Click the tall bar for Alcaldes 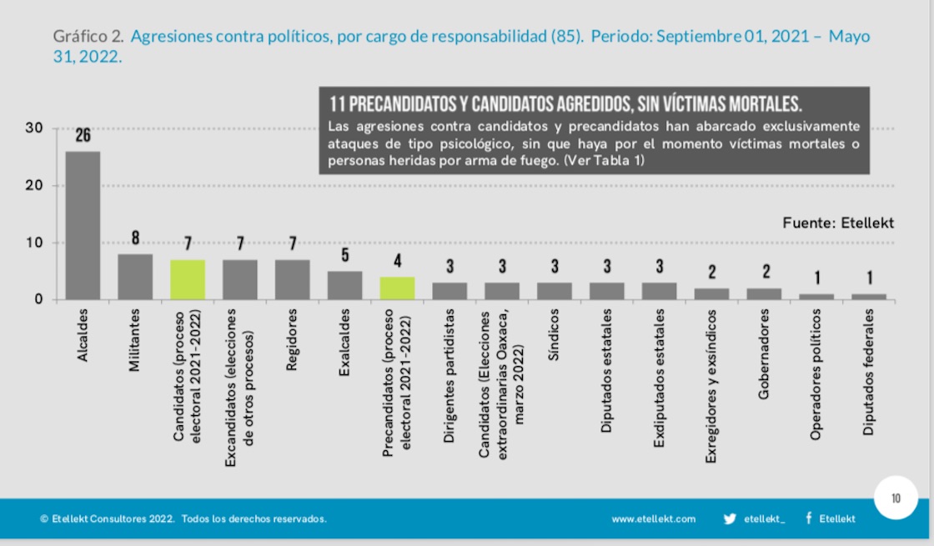click(83, 225)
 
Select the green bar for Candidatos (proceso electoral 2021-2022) click(188, 279)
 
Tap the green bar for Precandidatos click(397, 288)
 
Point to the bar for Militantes click(135, 277)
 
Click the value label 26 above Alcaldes click(83, 136)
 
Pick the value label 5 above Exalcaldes click(344, 255)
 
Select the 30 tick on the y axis click(33, 128)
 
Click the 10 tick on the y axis click(33, 243)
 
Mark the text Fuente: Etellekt click(837, 223)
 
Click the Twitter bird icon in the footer click(730, 518)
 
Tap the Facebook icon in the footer click(809, 518)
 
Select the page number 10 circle click(896, 498)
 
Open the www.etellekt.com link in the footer click(653, 518)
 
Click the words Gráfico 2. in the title click(88, 38)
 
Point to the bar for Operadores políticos click(816, 296)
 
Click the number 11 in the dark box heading click(338, 104)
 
